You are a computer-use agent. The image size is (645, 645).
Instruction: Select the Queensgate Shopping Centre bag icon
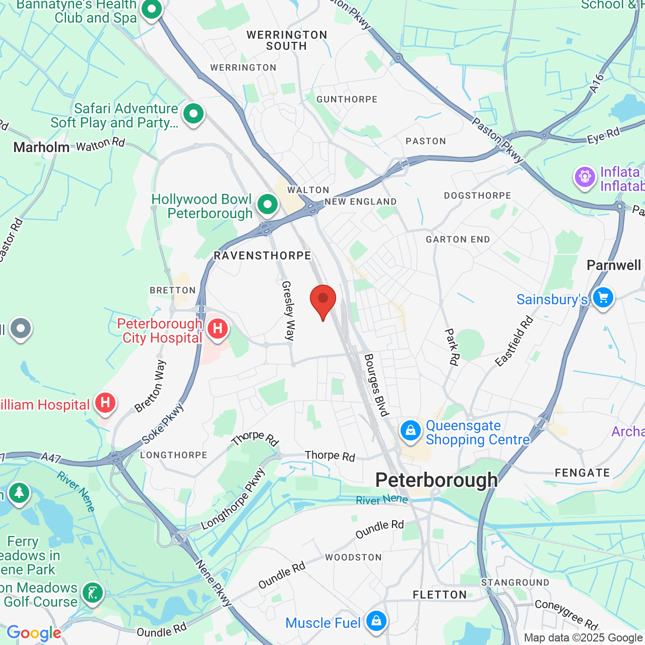pos(411,431)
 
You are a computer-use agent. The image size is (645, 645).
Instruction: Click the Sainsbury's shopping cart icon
pos(603,298)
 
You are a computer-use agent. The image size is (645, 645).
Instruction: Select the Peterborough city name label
pos(436,480)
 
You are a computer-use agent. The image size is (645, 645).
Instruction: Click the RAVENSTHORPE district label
pos(263,255)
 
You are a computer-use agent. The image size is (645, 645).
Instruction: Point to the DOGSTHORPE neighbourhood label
pos(477,196)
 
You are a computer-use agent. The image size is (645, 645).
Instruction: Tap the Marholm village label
pos(41,147)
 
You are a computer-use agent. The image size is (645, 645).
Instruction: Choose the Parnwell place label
pos(614,265)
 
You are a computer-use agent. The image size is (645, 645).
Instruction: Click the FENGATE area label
pos(582,473)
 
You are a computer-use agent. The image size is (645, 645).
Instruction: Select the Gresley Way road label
pos(288,311)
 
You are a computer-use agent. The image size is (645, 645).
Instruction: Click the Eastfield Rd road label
pos(514,341)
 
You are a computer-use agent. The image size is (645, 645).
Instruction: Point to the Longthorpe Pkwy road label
pos(233,499)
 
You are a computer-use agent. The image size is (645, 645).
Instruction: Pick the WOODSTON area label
pos(353,557)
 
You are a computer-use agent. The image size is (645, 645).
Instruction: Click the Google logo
pos(34,633)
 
